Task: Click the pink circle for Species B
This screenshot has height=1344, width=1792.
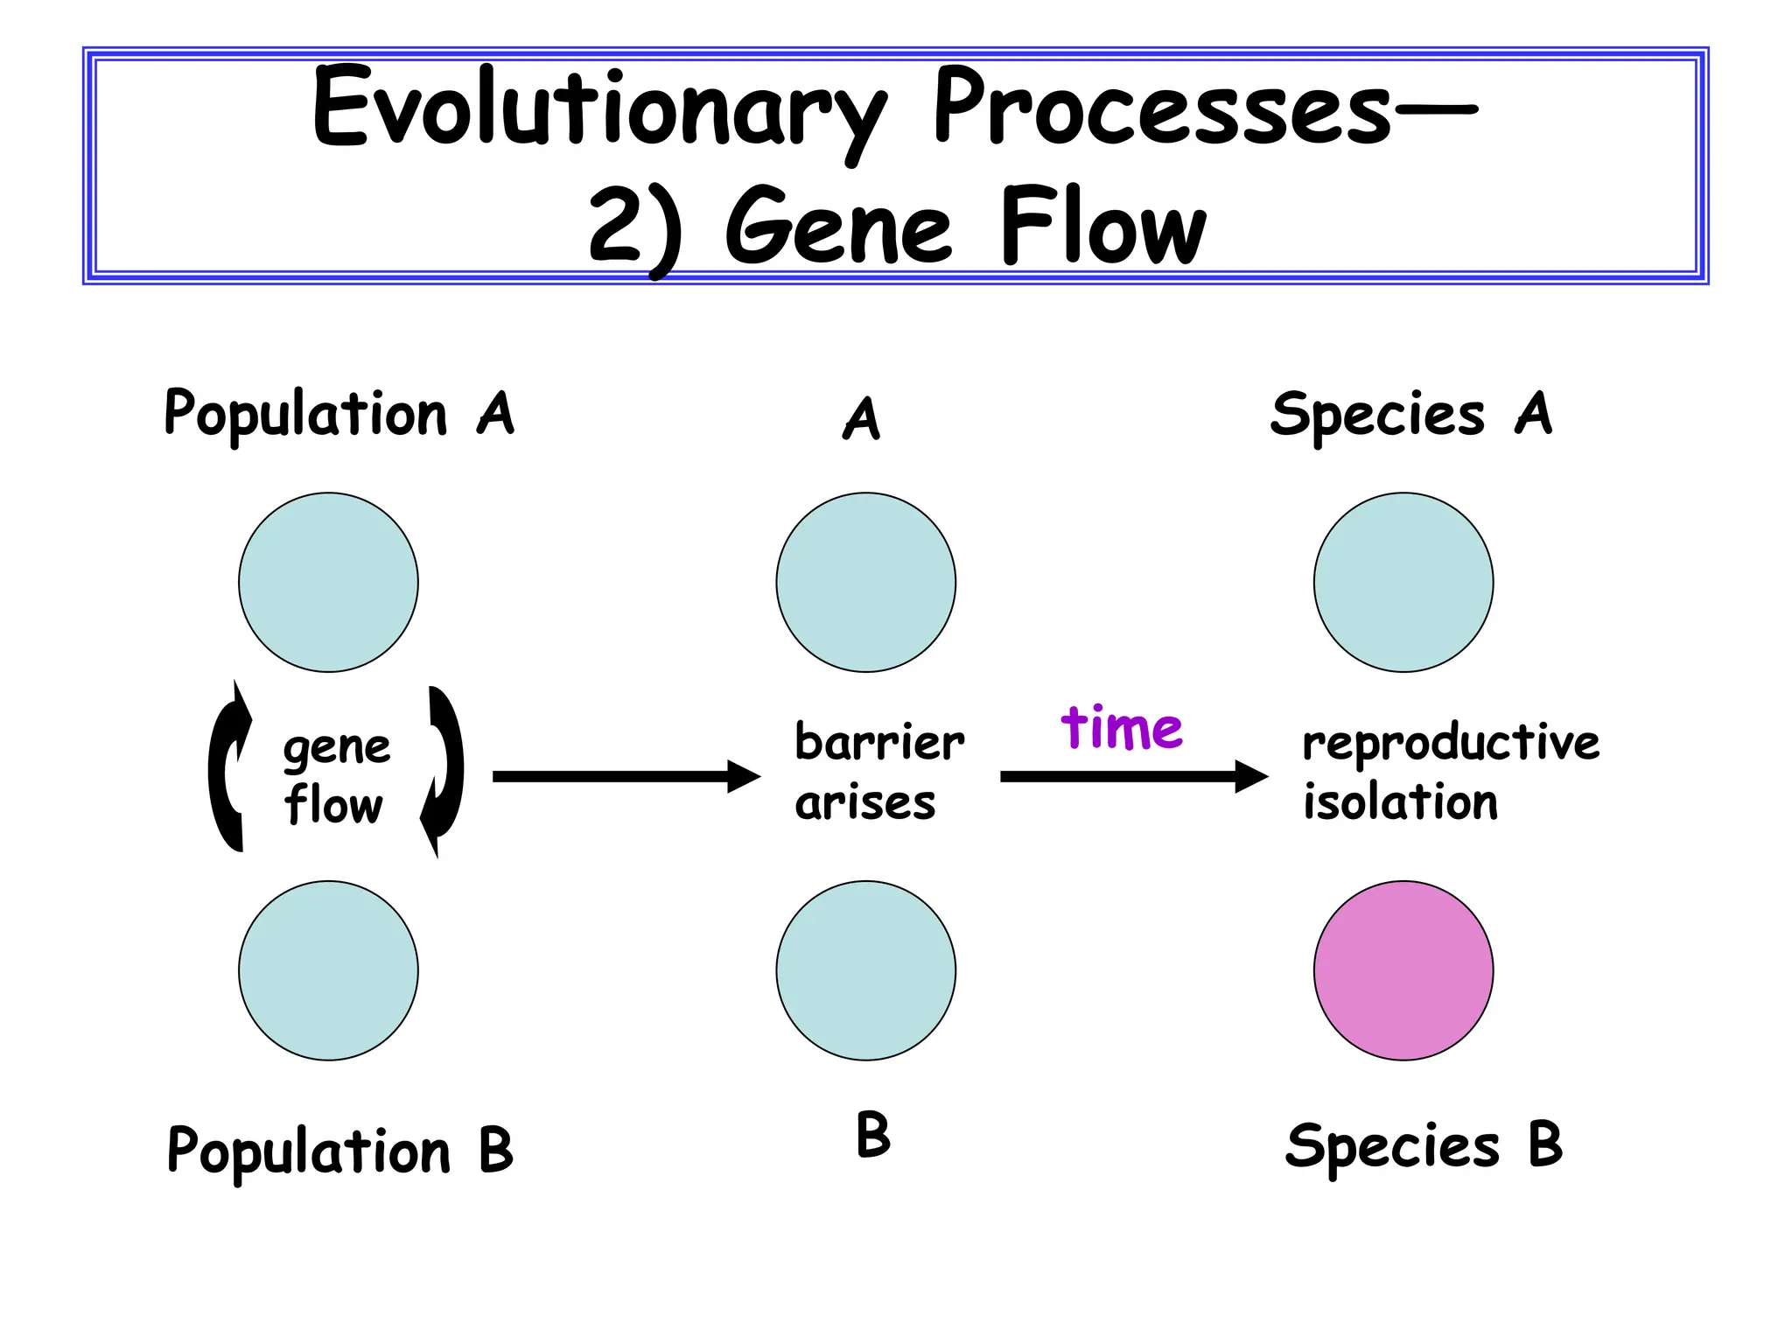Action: tap(1403, 970)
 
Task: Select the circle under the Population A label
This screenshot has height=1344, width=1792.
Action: tap(328, 583)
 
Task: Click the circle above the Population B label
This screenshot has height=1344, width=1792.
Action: tap(328, 970)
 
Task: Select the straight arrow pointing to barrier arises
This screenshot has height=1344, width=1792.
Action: tap(626, 776)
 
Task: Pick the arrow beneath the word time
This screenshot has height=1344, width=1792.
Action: tap(1133, 776)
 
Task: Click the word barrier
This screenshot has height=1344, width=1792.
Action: tap(878, 743)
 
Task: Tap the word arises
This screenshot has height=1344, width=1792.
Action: tap(864, 802)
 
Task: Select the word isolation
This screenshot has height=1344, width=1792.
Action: tap(1400, 802)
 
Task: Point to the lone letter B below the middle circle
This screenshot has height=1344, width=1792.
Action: tap(872, 1135)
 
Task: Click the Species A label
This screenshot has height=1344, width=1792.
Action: tap(1410, 414)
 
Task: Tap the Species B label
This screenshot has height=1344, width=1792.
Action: tap(1423, 1146)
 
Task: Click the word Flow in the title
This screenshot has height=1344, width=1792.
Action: tap(1102, 227)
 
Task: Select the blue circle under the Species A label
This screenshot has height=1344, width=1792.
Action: tap(1403, 583)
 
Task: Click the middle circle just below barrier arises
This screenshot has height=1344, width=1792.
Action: tap(865, 970)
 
